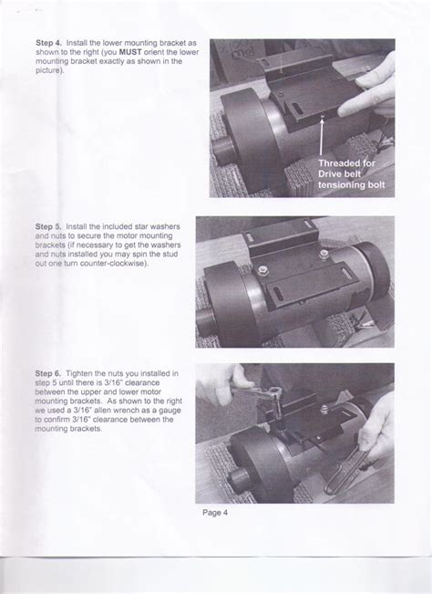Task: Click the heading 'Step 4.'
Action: point(48,43)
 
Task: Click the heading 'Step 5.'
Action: point(48,226)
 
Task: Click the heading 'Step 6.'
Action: point(48,373)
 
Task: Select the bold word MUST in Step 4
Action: point(130,52)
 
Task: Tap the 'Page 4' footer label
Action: point(215,513)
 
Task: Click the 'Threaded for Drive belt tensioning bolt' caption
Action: point(352,174)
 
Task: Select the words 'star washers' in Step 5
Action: point(158,226)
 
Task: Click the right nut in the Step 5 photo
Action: point(323,255)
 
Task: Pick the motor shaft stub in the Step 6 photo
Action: point(239,478)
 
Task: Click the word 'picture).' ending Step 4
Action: point(48,70)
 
